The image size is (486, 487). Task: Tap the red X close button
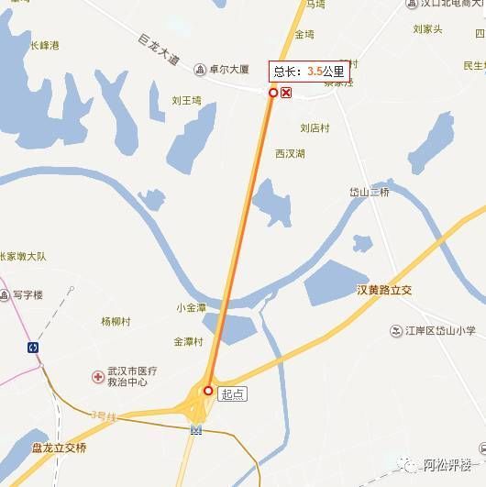(287, 93)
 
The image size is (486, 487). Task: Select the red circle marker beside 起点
(208, 391)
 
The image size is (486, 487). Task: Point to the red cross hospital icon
(97, 376)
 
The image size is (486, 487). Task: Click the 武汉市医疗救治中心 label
(133, 376)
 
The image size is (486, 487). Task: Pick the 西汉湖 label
(290, 153)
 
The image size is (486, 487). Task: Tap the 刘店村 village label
(315, 128)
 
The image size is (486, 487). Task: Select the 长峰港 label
(43, 44)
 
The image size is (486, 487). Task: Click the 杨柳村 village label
(116, 322)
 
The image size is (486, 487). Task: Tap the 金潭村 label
(190, 341)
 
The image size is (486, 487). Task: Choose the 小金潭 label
(192, 308)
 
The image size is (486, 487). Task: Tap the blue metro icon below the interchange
(195, 430)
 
